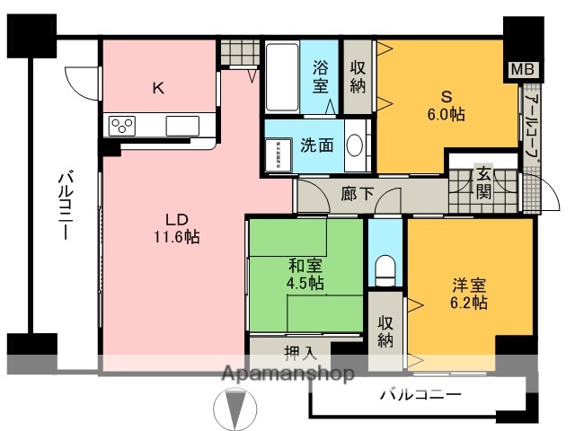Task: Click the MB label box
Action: point(520,69)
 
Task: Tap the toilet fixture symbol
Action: point(386,268)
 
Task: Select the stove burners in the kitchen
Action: point(121,126)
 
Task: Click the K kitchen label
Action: point(157,88)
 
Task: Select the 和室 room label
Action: point(305,267)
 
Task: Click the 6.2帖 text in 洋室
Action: point(469,303)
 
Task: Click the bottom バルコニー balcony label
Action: point(420,393)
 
